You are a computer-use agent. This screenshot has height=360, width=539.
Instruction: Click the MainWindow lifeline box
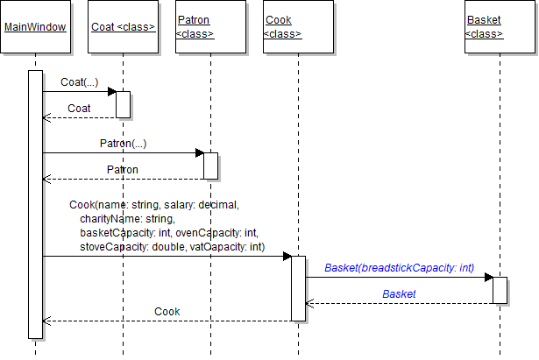(x=35, y=27)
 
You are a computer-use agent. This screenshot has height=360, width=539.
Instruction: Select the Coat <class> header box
(x=123, y=27)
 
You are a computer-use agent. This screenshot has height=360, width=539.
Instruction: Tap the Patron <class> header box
(x=210, y=27)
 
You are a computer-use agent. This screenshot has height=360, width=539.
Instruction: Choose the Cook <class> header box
(x=298, y=27)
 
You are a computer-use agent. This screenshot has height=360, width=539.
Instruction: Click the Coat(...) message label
(x=79, y=81)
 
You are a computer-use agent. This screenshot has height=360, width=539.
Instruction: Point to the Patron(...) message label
(x=123, y=143)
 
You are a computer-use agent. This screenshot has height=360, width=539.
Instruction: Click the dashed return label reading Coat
(x=79, y=108)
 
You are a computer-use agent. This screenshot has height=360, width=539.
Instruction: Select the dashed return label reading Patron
(x=123, y=169)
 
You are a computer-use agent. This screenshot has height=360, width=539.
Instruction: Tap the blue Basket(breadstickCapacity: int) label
(x=399, y=267)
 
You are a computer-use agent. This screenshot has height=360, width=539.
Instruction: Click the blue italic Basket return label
(x=399, y=294)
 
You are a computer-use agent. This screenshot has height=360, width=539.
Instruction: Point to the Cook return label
(x=167, y=312)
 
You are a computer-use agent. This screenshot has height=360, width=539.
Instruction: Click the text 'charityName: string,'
(x=127, y=218)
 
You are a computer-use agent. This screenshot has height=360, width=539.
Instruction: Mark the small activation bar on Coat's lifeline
(x=123, y=104)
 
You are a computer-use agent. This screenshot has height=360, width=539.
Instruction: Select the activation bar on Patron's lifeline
(x=210, y=166)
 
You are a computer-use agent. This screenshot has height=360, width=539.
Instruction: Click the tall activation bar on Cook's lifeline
(x=298, y=288)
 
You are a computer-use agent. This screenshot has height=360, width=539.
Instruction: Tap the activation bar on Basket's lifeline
(x=500, y=290)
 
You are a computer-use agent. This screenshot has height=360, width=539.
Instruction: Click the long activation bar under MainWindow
(x=35, y=203)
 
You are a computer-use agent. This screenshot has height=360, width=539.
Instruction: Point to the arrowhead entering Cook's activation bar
(x=287, y=257)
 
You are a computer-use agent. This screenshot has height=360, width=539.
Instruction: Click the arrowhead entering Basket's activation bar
(x=488, y=277)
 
